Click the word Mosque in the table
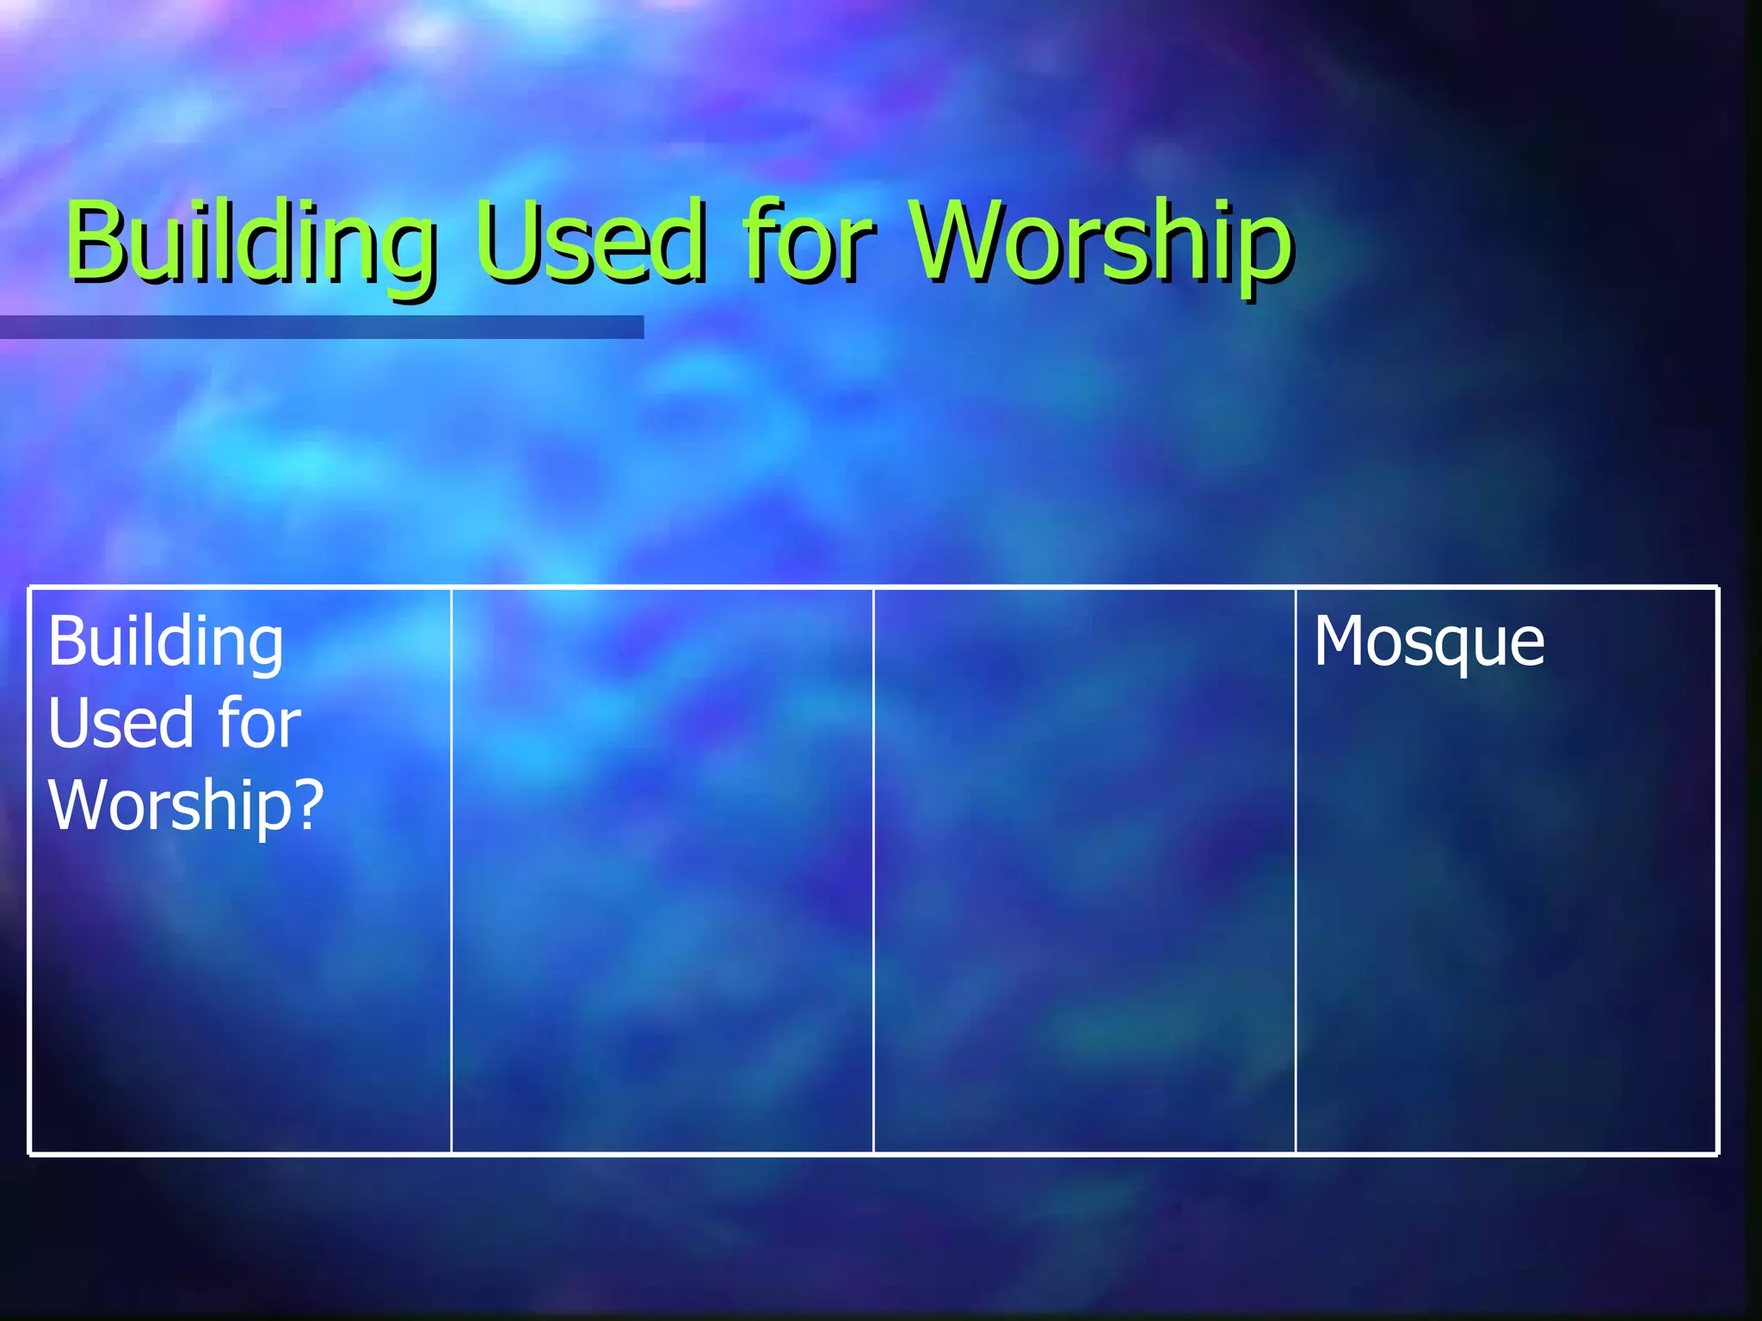pyautogui.click(x=1429, y=642)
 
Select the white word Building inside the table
pyautogui.click(x=165, y=642)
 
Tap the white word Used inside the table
pyautogui.click(x=120, y=723)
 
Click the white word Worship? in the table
pyautogui.click(x=186, y=805)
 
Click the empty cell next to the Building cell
pyautogui.click(x=662, y=869)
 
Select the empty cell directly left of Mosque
pyautogui.click(x=1084, y=869)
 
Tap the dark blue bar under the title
pyautogui.click(x=322, y=327)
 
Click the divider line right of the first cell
pyautogui.click(x=451, y=869)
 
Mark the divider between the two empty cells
pyautogui.click(x=873, y=869)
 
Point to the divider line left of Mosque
pyautogui.click(x=1296, y=869)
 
